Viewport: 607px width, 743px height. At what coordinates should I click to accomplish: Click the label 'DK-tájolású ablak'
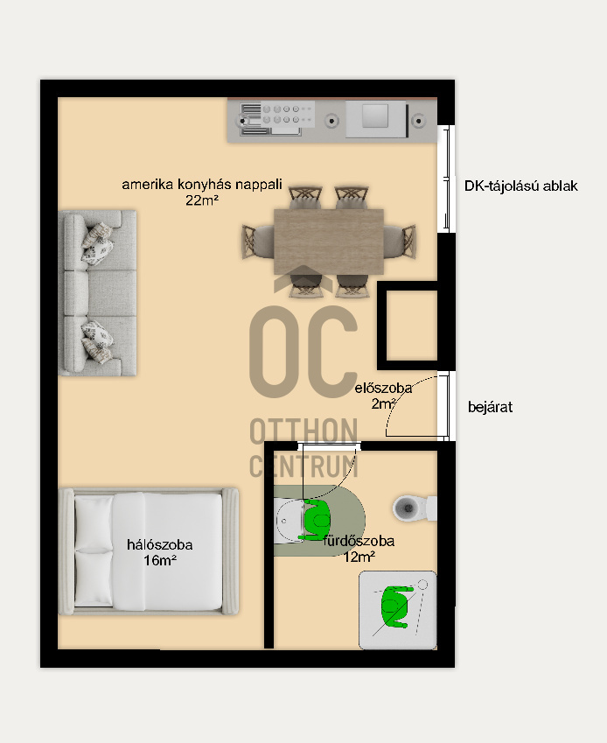click(x=520, y=186)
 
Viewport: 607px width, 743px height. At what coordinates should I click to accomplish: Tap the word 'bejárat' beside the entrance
click(x=490, y=407)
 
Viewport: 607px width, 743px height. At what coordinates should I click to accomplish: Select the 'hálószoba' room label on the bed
click(x=159, y=544)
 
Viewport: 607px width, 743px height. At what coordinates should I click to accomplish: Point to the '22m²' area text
click(x=202, y=200)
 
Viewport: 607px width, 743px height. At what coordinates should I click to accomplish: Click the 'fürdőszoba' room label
click(x=359, y=541)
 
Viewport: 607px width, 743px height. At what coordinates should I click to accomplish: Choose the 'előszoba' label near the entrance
click(x=383, y=388)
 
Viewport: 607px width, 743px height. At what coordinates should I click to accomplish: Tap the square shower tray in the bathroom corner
click(x=398, y=610)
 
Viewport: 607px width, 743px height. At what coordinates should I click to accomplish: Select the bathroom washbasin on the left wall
click(x=290, y=521)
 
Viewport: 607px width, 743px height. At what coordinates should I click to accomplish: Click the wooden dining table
click(x=329, y=242)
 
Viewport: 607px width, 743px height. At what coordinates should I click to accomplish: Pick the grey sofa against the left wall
click(x=97, y=293)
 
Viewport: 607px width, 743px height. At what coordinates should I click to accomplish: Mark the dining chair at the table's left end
click(x=257, y=242)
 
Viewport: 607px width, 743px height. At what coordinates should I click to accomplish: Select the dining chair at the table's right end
click(x=400, y=242)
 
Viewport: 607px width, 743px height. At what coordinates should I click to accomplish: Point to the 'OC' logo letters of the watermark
click(x=303, y=352)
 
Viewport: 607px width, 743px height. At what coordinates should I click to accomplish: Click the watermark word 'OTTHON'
click(x=303, y=431)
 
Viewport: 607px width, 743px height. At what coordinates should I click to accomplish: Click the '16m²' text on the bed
click(x=160, y=561)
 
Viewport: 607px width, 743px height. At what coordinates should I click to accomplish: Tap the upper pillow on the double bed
click(x=94, y=522)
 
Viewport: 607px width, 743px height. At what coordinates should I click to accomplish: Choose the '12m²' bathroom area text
click(x=359, y=557)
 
